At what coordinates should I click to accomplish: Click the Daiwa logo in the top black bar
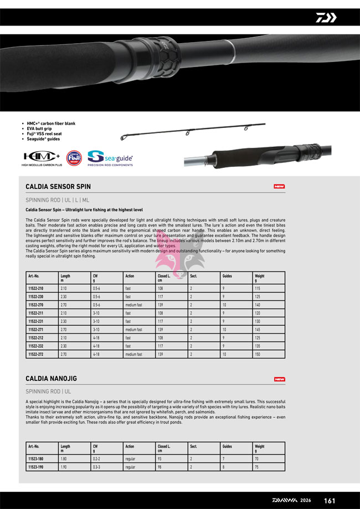pyautogui.click(x=326, y=18)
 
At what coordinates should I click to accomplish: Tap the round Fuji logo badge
pyautogui.click(x=74, y=158)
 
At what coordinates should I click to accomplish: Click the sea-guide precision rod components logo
pyautogui.click(x=110, y=158)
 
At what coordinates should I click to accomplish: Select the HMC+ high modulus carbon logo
pyautogui.click(x=41, y=158)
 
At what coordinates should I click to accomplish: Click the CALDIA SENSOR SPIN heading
pyautogui.click(x=58, y=187)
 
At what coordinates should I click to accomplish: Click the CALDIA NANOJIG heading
pyautogui.click(x=51, y=379)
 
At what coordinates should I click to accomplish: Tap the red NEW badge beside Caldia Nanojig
pyautogui.click(x=280, y=379)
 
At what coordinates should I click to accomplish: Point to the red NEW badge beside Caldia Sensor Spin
pyautogui.click(x=280, y=187)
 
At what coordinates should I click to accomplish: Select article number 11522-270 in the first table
pyautogui.click(x=35, y=305)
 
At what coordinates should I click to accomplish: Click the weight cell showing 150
pyautogui.click(x=258, y=354)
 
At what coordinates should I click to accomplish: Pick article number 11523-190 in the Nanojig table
pyautogui.click(x=35, y=467)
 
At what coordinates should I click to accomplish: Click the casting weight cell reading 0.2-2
pyautogui.click(x=96, y=459)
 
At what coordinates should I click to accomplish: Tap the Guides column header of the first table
pyautogui.click(x=227, y=276)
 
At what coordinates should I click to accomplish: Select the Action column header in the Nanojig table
pyautogui.click(x=130, y=446)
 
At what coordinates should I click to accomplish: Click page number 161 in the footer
pyautogui.click(x=330, y=501)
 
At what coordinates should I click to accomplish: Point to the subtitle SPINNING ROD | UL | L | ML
pyautogui.click(x=57, y=200)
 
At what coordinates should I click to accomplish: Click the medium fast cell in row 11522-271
pyautogui.click(x=133, y=330)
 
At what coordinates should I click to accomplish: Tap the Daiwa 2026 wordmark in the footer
pyautogui.click(x=291, y=501)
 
